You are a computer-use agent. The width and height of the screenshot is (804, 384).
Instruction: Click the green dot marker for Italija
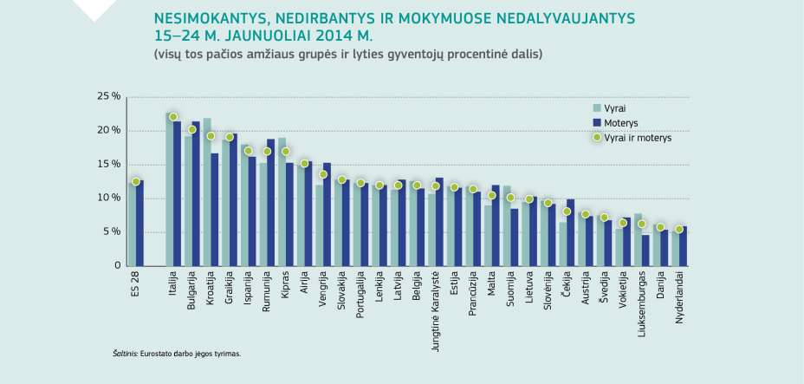(173, 117)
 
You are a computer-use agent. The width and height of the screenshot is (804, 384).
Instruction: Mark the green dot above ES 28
(136, 181)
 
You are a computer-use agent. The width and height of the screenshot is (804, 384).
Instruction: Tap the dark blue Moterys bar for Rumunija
(271, 202)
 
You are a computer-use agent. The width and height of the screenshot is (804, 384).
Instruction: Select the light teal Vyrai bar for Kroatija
(206, 192)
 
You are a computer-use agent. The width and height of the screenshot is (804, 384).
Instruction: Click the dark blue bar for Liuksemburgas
(645, 250)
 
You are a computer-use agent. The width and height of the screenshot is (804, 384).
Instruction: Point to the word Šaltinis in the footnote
(125, 354)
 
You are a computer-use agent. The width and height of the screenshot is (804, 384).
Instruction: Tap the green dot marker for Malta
(492, 195)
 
